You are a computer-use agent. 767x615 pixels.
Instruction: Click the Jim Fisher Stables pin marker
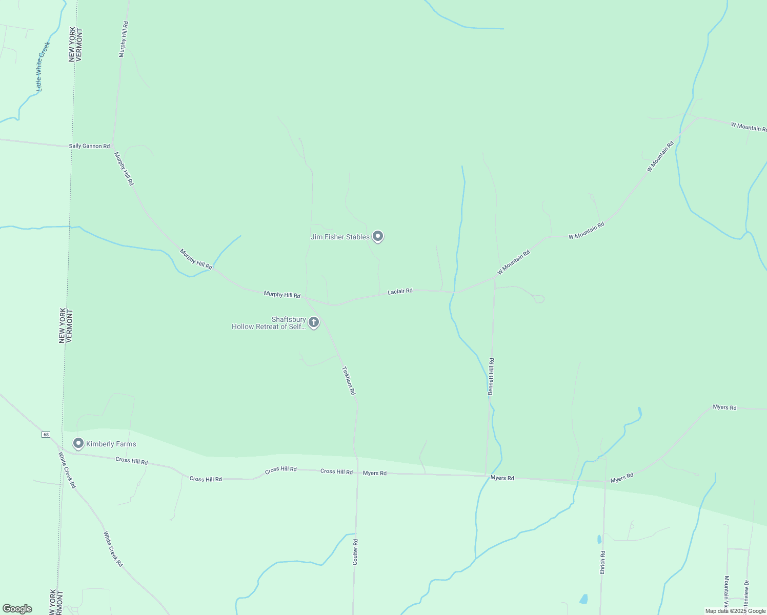[x=378, y=236]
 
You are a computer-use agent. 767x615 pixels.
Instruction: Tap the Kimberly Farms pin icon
[x=78, y=443]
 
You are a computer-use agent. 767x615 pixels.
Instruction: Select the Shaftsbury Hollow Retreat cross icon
[x=314, y=322]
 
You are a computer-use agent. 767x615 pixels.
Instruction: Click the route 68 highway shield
[x=46, y=435]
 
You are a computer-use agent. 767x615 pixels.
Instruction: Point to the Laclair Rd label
[x=400, y=292]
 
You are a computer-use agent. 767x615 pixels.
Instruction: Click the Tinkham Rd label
[x=349, y=380]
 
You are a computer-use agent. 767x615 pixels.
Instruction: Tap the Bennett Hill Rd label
[x=491, y=376]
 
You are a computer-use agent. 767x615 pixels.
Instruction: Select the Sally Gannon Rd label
[x=89, y=146]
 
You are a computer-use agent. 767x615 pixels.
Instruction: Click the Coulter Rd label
[x=355, y=552]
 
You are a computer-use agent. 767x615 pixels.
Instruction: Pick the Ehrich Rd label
[x=603, y=562]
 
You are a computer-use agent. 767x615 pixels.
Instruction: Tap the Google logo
[x=17, y=609]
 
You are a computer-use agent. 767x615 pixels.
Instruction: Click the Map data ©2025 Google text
[x=735, y=611]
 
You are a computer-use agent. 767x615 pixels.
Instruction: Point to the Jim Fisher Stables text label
[x=340, y=237]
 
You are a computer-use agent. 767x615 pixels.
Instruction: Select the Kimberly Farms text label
[x=111, y=444]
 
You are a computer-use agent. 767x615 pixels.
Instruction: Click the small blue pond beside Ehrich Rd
[x=599, y=539]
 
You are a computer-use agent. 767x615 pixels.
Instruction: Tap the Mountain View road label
[x=726, y=589]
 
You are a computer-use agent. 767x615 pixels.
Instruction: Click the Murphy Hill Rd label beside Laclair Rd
[x=282, y=295]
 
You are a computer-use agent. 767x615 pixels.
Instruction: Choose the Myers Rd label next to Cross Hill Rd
[x=375, y=473]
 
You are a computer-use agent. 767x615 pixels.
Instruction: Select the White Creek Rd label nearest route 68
[x=67, y=470]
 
